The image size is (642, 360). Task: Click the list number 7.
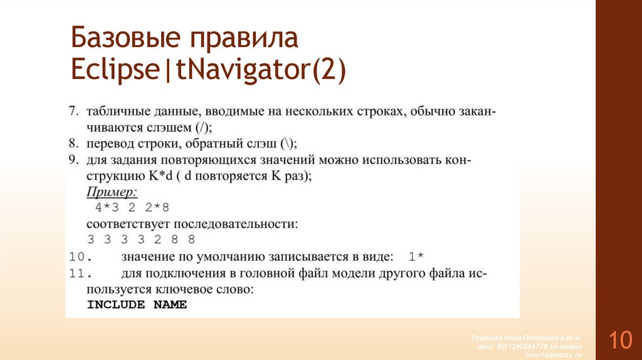pos(73,112)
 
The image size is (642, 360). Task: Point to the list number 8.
pos(73,142)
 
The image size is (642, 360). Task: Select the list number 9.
pos(73,160)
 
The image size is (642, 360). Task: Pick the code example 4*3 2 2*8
pos(132,208)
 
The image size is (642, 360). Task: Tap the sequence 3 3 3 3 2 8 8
pos(140,240)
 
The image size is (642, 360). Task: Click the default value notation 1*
pos(416,257)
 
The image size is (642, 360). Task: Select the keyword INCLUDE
pos(115,305)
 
